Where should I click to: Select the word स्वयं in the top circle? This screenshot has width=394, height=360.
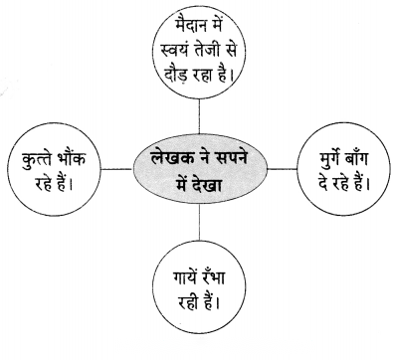pos(175,52)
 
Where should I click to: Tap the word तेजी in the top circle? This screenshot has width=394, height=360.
pos(209,52)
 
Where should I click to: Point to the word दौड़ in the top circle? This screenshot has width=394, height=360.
pos(178,76)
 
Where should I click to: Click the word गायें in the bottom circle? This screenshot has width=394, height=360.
pos(185,277)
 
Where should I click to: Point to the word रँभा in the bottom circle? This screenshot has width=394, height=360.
pos(212,277)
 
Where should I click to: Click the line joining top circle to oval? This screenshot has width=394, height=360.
pos(199,116)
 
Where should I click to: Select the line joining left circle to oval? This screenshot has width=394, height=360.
pos(117,169)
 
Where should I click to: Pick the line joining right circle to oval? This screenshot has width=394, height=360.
pos(283,169)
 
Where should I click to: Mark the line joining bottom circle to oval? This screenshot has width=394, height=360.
pos(199,222)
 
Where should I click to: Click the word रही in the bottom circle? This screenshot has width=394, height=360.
pos(188,302)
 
